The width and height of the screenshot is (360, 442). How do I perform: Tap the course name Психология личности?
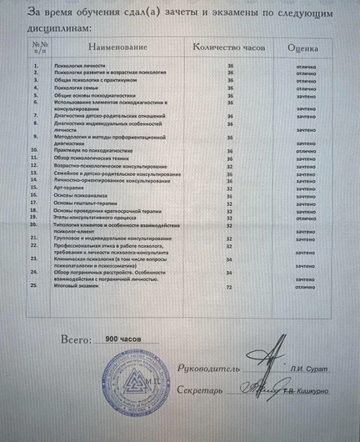pos(81,65)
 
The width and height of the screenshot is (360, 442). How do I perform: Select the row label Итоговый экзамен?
pos(80,285)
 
